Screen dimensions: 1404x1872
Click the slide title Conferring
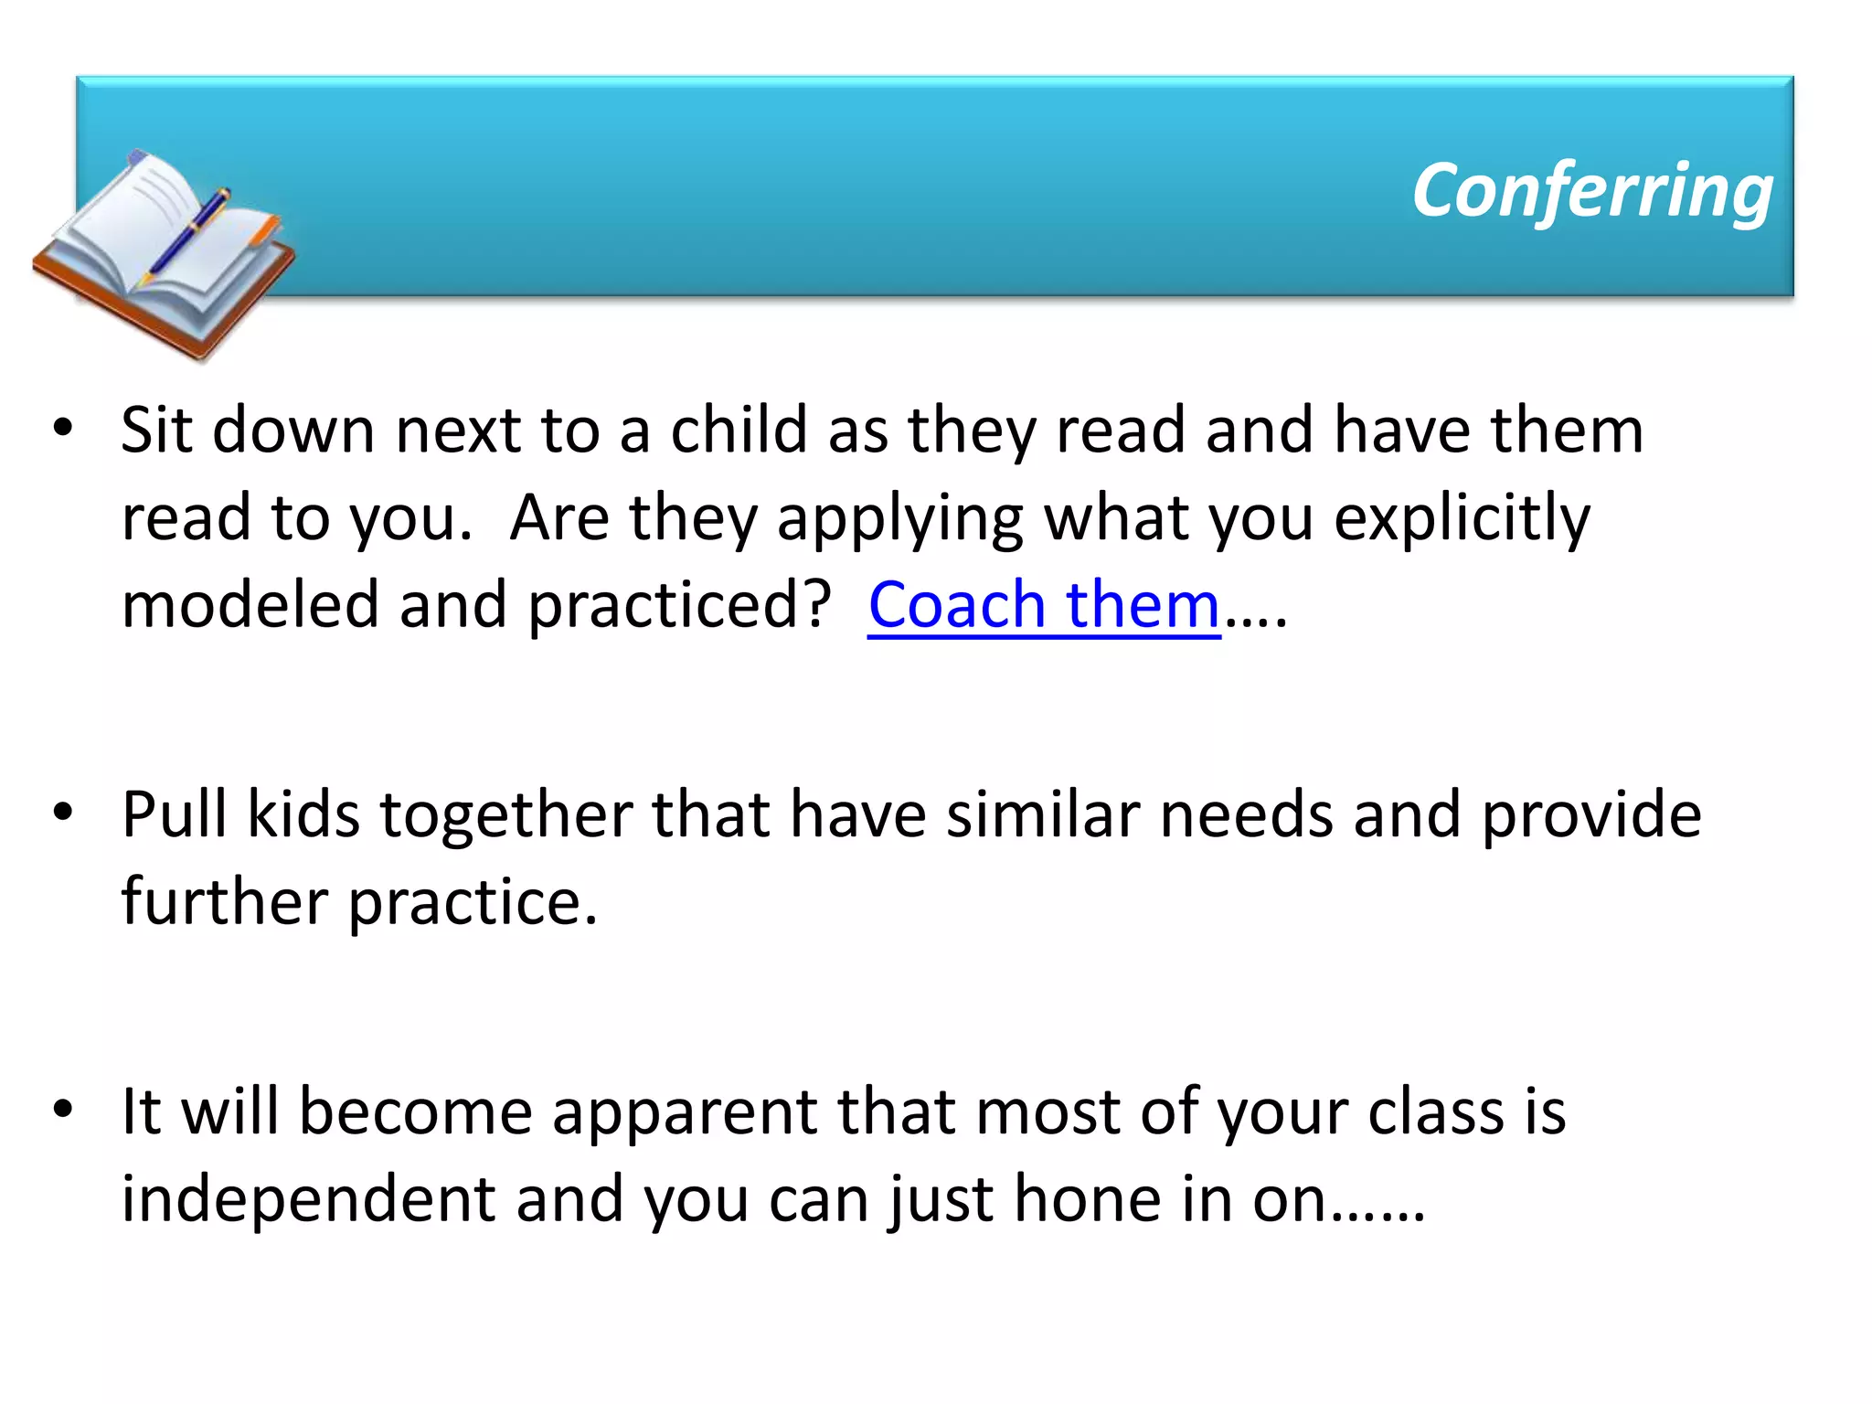[x=1591, y=190]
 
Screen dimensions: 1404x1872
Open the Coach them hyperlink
[x=1044, y=605]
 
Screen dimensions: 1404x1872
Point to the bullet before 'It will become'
[x=62, y=1109]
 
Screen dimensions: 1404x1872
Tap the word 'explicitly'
[x=1462, y=518]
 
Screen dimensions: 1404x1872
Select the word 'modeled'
[x=250, y=605]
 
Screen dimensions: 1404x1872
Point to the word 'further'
[x=224, y=901]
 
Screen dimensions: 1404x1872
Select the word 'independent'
[x=308, y=1198]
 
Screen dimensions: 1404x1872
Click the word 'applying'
[x=899, y=518]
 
